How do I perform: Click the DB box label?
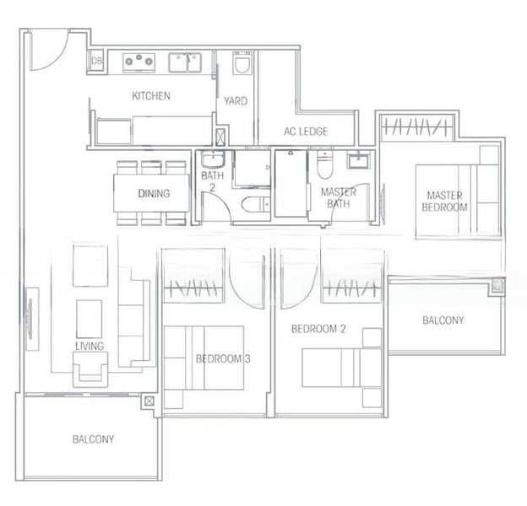click(x=97, y=61)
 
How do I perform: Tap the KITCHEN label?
click(x=151, y=96)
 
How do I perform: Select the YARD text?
click(x=236, y=100)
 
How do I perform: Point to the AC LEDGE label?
click(x=306, y=132)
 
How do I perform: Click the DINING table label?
click(x=154, y=193)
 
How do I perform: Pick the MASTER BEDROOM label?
click(x=444, y=202)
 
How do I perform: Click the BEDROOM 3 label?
click(x=223, y=359)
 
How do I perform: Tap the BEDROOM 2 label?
click(x=318, y=329)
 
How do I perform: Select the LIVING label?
click(x=90, y=346)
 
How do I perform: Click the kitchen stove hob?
click(x=139, y=62)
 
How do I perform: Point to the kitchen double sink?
click(x=185, y=62)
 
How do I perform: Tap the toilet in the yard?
click(x=242, y=63)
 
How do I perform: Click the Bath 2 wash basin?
click(x=213, y=159)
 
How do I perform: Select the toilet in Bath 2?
click(x=256, y=204)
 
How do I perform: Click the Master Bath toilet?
click(x=324, y=164)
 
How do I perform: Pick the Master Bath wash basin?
click(x=359, y=160)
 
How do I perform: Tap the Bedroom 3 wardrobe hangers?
click(x=193, y=288)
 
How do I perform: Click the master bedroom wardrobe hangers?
click(x=416, y=127)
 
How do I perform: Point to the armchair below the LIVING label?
click(x=90, y=369)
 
